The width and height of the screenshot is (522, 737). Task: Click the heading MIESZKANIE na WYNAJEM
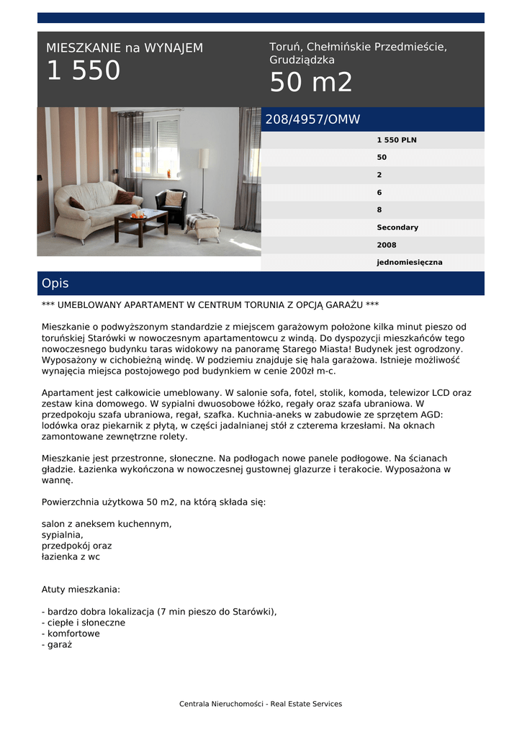[x=125, y=48]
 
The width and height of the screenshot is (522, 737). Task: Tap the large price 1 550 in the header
[x=84, y=71]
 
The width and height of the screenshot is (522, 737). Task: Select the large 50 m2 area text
[x=311, y=83]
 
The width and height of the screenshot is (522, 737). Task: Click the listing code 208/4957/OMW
[x=312, y=119]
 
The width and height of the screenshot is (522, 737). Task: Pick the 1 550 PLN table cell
[x=397, y=140]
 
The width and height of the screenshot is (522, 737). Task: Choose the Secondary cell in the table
[x=397, y=227]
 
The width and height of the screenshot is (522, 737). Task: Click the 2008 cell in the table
[x=387, y=245]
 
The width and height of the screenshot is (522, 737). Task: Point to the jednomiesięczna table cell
[x=410, y=263]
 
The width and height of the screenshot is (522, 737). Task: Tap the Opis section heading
[x=55, y=284]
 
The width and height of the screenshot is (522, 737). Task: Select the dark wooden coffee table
[x=141, y=224]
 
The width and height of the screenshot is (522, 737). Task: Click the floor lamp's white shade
[x=204, y=158]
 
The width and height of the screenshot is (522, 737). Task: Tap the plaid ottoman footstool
[x=202, y=225]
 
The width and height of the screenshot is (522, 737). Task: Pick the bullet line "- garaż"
[x=57, y=645]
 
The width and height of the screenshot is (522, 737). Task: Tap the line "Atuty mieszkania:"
[x=81, y=589]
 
